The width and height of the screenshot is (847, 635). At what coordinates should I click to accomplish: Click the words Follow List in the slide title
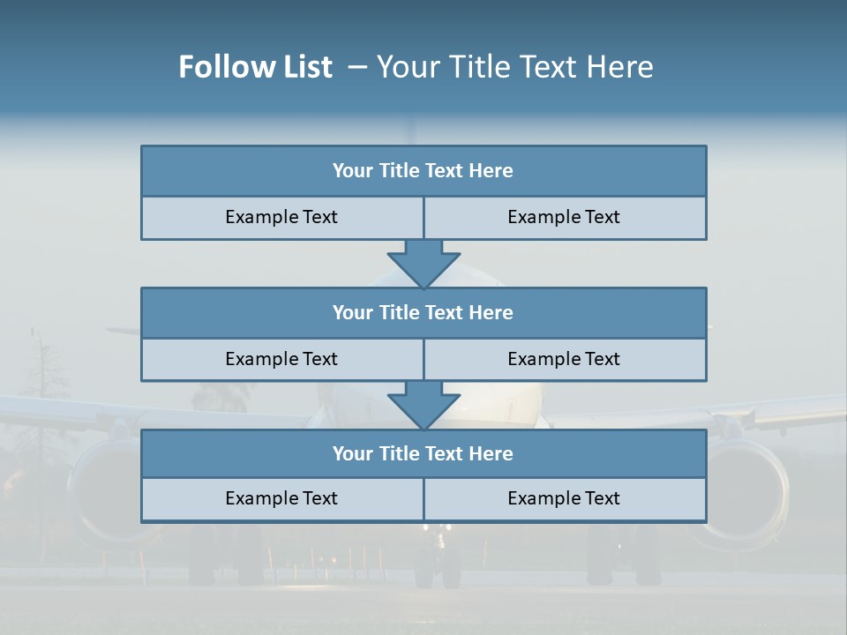click(255, 67)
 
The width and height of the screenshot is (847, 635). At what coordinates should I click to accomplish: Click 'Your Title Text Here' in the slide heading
click(514, 67)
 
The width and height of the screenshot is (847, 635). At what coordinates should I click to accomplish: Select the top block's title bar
click(423, 171)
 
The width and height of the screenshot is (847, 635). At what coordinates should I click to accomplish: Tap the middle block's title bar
click(423, 312)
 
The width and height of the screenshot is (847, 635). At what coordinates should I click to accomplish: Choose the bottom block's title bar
click(423, 453)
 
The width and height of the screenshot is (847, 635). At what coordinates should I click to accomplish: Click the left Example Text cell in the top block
click(281, 217)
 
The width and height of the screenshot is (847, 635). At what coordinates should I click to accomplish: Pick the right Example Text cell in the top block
click(565, 217)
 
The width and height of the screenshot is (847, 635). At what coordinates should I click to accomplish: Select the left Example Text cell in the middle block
click(281, 359)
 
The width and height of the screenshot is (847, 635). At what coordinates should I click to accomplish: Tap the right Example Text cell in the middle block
click(565, 359)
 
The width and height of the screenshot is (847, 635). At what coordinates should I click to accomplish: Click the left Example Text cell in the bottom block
click(281, 498)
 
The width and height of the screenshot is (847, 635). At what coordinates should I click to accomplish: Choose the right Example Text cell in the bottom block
click(565, 498)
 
